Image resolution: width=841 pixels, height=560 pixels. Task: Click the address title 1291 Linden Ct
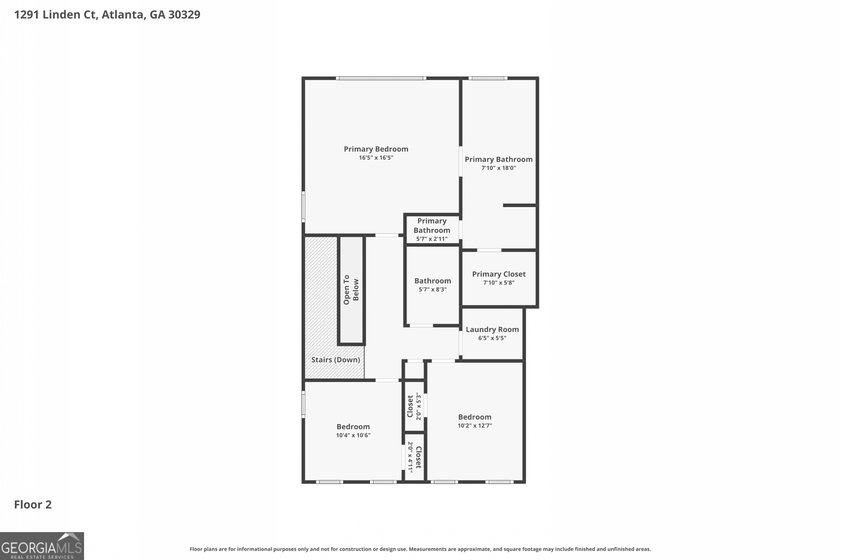click(107, 15)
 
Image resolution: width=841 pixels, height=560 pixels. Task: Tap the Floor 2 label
click(33, 505)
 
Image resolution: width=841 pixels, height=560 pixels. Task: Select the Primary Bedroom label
click(376, 149)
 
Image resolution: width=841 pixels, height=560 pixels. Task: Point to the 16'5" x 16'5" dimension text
click(376, 158)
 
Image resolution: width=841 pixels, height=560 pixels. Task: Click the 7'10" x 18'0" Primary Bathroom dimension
click(499, 168)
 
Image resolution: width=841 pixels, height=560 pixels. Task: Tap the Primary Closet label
click(499, 274)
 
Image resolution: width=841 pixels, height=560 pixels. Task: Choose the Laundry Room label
click(492, 329)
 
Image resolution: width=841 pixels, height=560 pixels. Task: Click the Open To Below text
click(351, 290)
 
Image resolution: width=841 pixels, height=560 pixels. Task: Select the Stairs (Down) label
click(335, 360)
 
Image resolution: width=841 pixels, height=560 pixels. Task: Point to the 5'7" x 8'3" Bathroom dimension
click(433, 290)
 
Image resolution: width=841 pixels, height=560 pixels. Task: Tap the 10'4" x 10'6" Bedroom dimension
click(353, 435)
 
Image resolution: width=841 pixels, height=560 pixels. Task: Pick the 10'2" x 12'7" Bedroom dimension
click(474, 426)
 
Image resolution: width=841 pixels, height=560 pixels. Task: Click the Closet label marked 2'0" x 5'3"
click(410, 406)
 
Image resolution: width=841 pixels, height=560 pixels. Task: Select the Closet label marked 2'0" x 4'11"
click(419, 457)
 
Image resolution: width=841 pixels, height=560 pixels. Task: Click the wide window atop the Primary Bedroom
click(381, 78)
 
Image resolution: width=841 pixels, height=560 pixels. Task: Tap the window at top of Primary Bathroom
click(488, 78)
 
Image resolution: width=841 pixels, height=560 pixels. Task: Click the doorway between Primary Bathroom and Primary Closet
click(489, 250)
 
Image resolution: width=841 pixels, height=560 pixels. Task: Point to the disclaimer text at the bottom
click(420, 549)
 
